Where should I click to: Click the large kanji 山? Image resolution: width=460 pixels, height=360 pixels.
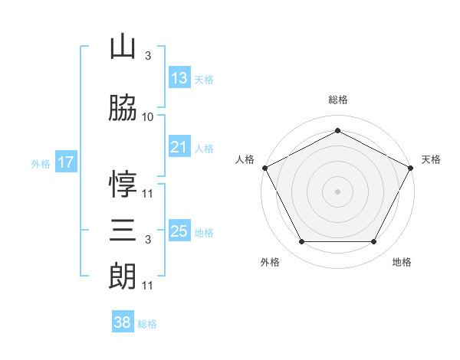point(123,46)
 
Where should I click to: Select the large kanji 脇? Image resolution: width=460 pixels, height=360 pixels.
point(123,107)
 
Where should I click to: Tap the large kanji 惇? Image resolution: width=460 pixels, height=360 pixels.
point(123,184)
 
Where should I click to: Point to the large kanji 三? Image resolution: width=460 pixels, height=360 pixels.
point(123,230)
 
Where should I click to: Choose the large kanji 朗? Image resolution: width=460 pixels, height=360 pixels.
point(123,276)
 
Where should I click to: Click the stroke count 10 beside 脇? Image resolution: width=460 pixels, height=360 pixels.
point(147,117)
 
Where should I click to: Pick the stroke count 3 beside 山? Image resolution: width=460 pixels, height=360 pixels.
point(148,56)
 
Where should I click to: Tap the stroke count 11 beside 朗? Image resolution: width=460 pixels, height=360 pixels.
point(147,286)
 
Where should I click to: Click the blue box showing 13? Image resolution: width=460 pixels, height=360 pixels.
point(180,77)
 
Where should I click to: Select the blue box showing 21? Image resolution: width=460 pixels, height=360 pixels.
point(180,146)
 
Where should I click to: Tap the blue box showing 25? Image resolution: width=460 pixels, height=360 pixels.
point(180,230)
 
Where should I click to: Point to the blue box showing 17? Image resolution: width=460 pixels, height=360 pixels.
point(66,162)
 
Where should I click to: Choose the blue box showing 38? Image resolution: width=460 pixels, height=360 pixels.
point(123,321)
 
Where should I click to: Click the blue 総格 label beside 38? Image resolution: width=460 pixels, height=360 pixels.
point(147,324)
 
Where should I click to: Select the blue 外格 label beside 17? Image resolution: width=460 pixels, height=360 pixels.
point(41,164)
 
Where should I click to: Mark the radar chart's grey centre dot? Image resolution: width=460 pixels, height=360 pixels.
point(337,191)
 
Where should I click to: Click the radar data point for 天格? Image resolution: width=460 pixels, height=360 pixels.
point(411,168)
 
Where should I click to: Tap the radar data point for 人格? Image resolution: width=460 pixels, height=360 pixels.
point(265,168)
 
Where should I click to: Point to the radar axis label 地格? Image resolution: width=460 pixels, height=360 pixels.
point(402,262)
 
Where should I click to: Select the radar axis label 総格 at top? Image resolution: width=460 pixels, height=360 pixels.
point(338,100)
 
